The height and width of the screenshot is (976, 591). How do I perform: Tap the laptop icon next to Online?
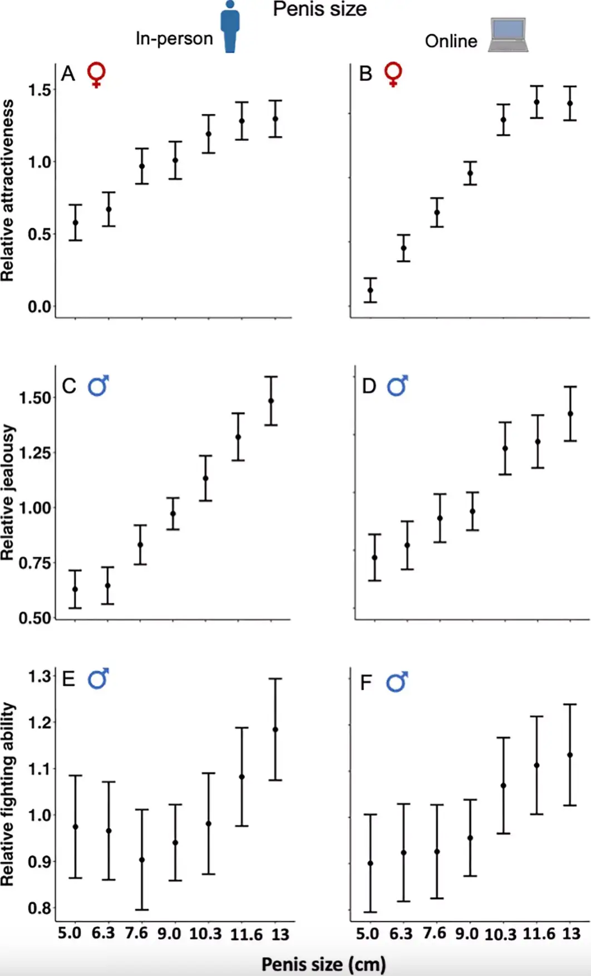point(508,35)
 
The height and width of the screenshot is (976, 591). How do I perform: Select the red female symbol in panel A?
point(96,75)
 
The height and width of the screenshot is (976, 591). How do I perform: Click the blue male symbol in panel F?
point(397,681)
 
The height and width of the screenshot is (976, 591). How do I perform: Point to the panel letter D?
point(369,386)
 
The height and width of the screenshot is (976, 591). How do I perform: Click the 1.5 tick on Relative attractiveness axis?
point(39,90)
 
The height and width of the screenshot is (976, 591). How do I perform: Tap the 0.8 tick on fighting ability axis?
point(39,908)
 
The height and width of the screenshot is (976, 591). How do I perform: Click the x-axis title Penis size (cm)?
point(323,964)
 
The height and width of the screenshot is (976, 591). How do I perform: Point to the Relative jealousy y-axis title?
point(8,493)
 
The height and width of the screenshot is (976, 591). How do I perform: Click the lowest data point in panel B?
point(371,290)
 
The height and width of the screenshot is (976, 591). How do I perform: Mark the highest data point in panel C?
point(271,401)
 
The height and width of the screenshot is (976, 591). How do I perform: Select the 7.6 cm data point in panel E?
point(142,860)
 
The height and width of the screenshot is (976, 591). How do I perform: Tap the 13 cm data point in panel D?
point(570,414)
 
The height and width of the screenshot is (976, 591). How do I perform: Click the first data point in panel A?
point(76,222)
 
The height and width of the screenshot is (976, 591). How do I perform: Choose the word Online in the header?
point(451,41)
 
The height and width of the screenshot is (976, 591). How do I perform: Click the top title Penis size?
point(319,9)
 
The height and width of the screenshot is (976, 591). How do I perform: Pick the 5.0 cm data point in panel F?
point(371,863)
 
